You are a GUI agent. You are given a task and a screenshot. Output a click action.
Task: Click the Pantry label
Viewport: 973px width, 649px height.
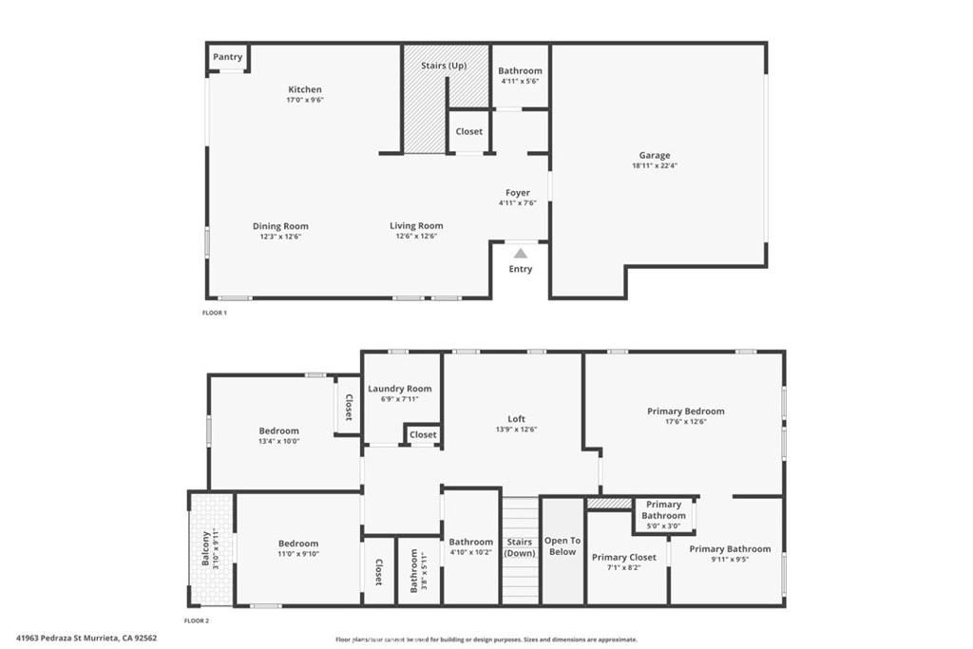(x=228, y=56)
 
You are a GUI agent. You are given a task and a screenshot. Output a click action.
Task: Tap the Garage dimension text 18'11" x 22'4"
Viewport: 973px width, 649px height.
(x=655, y=165)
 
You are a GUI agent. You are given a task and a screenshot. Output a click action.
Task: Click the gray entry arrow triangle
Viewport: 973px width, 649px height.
(x=521, y=253)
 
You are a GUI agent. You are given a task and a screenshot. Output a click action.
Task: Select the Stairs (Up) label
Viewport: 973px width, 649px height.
(x=444, y=66)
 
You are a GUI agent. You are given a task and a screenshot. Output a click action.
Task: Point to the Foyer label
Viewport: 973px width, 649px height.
(x=518, y=192)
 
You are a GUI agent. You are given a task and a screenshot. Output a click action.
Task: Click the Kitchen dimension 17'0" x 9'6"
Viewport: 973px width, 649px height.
(x=305, y=100)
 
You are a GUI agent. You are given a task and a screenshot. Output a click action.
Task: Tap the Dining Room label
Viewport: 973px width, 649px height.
(x=280, y=226)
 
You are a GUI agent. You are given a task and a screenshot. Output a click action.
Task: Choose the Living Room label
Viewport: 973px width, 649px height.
(x=416, y=226)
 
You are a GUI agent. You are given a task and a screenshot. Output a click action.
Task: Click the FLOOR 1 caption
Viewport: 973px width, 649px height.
(x=215, y=313)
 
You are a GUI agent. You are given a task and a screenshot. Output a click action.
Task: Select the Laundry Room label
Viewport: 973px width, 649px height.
(x=400, y=389)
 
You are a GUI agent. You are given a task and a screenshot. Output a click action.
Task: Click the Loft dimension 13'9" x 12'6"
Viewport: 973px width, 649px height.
(x=516, y=429)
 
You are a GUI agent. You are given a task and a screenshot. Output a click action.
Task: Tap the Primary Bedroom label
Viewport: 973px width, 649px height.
(x=686, y=410)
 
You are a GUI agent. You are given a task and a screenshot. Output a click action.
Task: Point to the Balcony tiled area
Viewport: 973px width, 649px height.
(x=212, y=548)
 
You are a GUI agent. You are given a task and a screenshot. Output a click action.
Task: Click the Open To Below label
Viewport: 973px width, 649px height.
(x=563, y=546)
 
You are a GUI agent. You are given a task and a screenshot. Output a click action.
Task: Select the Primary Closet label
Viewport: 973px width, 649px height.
(x=623, y=557)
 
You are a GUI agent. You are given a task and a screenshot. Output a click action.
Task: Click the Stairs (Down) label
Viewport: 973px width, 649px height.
(x=520, y=547)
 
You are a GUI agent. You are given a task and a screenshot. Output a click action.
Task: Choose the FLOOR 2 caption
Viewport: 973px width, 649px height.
(x=197, y=620)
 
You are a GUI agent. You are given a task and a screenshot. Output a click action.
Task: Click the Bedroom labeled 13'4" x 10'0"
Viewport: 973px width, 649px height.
(x=278, y=430)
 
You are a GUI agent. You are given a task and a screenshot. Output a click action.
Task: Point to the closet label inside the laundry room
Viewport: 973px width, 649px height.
(x=423, y=435)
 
